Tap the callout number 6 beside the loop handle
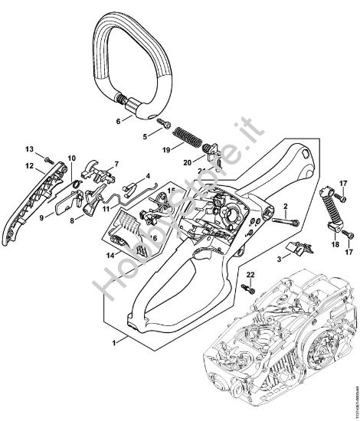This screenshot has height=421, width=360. [117, 121]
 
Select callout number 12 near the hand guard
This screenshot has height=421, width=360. [28, 165]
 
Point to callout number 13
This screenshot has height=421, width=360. [28, 148]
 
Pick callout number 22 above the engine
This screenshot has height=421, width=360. [250, 274]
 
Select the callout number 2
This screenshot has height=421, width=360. [284, 206]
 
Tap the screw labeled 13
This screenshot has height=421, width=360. [47, 159]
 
